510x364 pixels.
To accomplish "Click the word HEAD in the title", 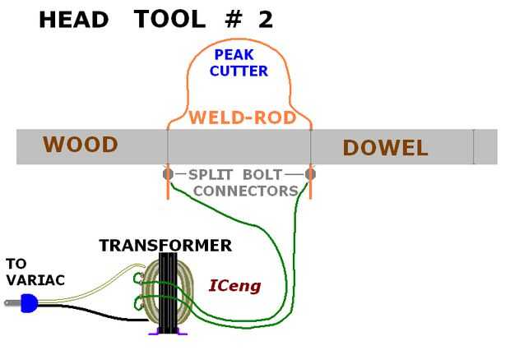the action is pos(74,20).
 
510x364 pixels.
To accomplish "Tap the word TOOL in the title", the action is pos(169,19).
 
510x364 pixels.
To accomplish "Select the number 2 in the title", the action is pos(266,20).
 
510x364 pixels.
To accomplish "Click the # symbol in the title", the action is pos(234,20).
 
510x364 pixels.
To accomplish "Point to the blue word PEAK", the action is pos(234,55).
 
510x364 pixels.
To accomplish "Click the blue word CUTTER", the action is pos(239,71).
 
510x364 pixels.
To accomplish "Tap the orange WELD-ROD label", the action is pos(243,117).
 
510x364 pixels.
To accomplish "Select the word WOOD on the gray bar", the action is pos(80,145).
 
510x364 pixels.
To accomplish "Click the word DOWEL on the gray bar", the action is pos(385,148).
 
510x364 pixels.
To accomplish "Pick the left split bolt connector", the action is pos(168,174).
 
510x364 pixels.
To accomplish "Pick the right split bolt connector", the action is pos(310,174).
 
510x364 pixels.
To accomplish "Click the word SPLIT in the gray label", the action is pos(210,175).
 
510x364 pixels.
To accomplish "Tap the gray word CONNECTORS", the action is pos(246,191).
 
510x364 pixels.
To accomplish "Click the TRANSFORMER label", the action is pos(165,246).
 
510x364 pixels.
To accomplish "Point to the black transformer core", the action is pos(168,293).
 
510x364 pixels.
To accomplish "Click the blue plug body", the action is pos(29,303).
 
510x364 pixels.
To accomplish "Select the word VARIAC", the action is pos(35,280).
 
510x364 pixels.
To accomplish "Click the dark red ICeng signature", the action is pos(234,286).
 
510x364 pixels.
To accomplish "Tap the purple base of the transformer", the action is pos(168,331).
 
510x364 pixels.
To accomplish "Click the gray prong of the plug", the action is pos(13,303).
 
